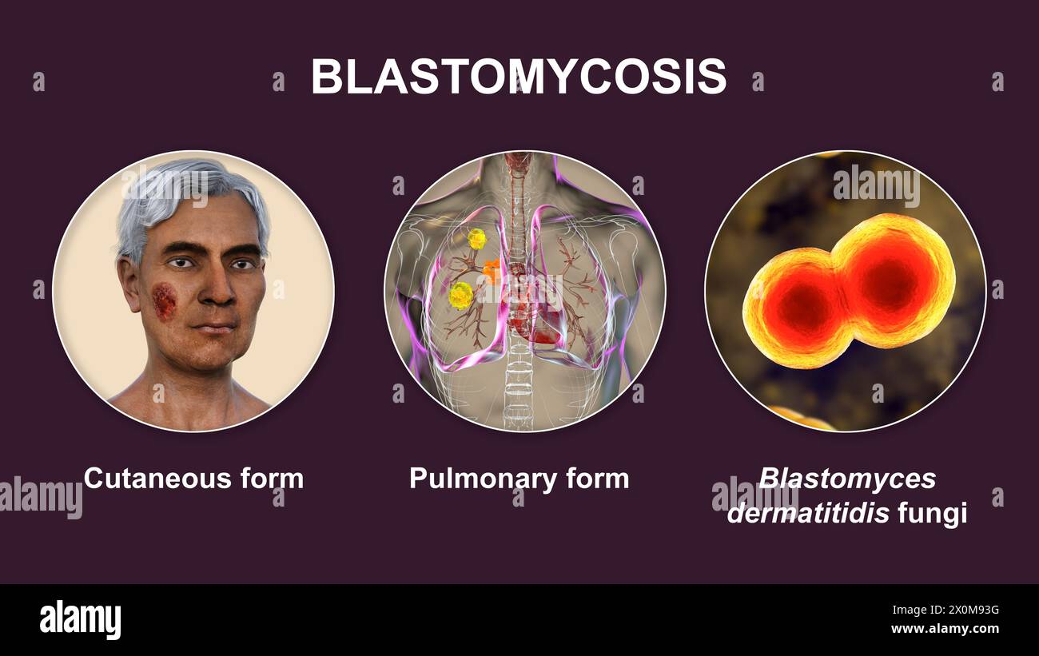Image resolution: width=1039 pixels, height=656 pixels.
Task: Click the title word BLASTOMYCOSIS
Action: (519, 78)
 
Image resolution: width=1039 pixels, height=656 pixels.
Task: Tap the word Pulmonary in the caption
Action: (466, 478)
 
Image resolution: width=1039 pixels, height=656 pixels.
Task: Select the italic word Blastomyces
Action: (846, 478)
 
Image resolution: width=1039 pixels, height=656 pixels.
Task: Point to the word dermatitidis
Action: (807, 512)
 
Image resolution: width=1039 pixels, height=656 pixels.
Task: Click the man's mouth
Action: (213, 328)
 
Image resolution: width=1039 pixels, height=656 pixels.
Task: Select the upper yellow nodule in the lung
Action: (476, 238)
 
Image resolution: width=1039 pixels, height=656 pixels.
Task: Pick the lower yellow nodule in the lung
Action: (461, 295)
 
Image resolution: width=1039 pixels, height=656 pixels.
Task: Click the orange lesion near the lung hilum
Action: (492, 271)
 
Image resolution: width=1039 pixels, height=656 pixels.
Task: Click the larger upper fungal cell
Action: (891, 280)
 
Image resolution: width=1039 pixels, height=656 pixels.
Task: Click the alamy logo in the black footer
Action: (81, 620)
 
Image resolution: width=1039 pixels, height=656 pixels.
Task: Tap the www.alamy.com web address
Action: (945, 629)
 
